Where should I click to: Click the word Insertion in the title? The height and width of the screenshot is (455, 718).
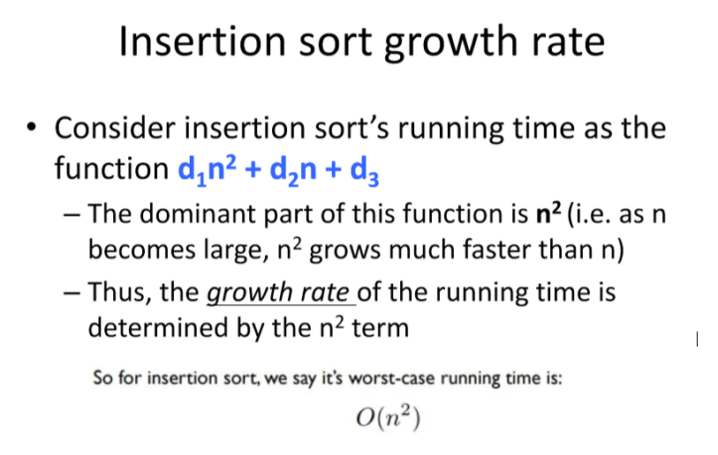(x=202, y=41)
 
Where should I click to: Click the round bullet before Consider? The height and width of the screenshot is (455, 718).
(x=31, y=127)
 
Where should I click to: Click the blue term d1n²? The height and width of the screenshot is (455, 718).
(x=207, y=170)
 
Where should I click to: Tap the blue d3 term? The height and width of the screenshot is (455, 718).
(x=364, y=170)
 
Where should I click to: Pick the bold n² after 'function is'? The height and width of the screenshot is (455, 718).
(x=548, y=213)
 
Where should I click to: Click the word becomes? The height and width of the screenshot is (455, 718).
(x=141, y=250)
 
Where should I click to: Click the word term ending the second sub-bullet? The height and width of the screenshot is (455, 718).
(x=380, y=329)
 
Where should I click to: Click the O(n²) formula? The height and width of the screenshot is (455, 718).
(x=388, y=418)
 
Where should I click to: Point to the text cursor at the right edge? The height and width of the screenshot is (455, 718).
(x=697, y=339)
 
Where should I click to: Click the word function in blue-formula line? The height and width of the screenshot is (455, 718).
(x=112, y=168)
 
